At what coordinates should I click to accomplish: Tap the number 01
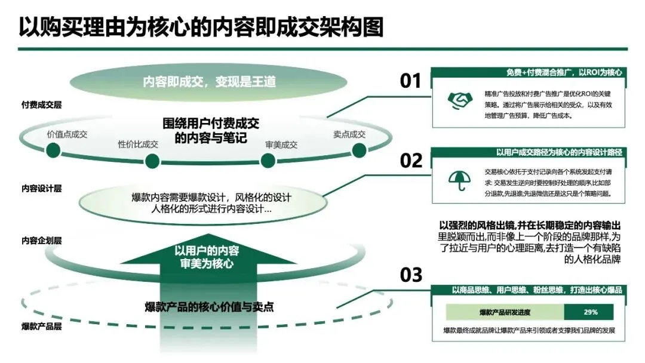410,81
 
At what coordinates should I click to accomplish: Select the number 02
410,161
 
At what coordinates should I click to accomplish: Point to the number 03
410,275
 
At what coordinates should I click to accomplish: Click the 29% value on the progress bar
590,312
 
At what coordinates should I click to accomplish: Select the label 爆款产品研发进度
505,312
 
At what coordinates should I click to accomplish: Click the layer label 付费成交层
41,104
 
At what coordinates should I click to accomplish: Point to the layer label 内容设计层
41,188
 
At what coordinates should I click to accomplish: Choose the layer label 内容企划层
41,241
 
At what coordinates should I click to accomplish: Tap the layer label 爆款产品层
41,327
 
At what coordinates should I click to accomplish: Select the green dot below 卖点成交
358,150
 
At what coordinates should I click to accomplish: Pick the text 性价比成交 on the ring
139,144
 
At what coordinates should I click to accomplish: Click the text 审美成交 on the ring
281,144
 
